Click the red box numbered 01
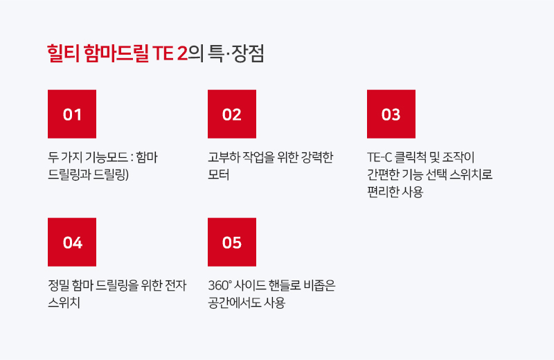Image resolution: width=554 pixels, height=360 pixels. pos(72,114)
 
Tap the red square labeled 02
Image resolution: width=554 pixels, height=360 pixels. pos(232,114)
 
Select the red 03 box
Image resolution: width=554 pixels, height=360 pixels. pos(391,114)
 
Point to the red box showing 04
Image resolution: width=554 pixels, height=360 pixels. pos(72,242)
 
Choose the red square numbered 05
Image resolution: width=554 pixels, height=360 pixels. pos(232,242)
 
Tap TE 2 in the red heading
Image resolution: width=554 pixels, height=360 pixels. pos(170,54)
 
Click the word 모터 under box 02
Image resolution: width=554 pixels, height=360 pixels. pos(219,174)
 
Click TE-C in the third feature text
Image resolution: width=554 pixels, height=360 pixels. pos(379,157)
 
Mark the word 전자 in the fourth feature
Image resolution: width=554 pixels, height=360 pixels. pos(176,285)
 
